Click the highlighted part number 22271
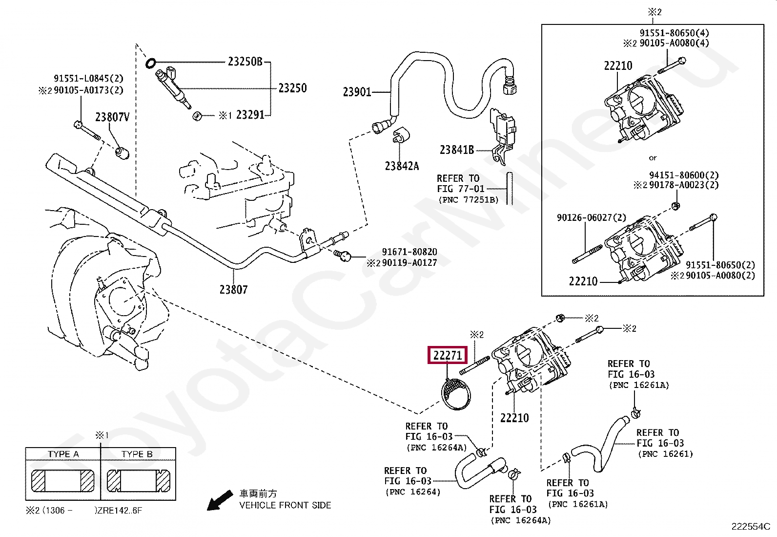point(447,355)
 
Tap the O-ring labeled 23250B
point(151,63)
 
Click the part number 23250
point(292,88)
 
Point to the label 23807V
point(112,117)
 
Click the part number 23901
point(357,92)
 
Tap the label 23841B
point(456,150)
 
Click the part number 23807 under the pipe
point(233,290)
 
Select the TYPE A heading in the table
point(63,454)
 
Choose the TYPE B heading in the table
point(137,454)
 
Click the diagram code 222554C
point(750,527)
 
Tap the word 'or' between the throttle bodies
point(653,158)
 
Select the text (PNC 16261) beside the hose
point(665,454)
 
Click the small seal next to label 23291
point(197,116)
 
